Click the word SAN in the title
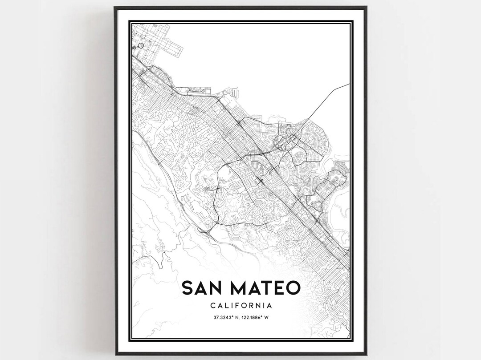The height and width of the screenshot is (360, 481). coord(206,288)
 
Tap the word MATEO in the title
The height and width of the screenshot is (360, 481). coord(266,288)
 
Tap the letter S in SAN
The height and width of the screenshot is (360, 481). coord(188,288)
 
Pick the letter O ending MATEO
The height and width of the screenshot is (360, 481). coord(292,288)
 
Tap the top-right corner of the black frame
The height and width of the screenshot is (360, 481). coord(366,8)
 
